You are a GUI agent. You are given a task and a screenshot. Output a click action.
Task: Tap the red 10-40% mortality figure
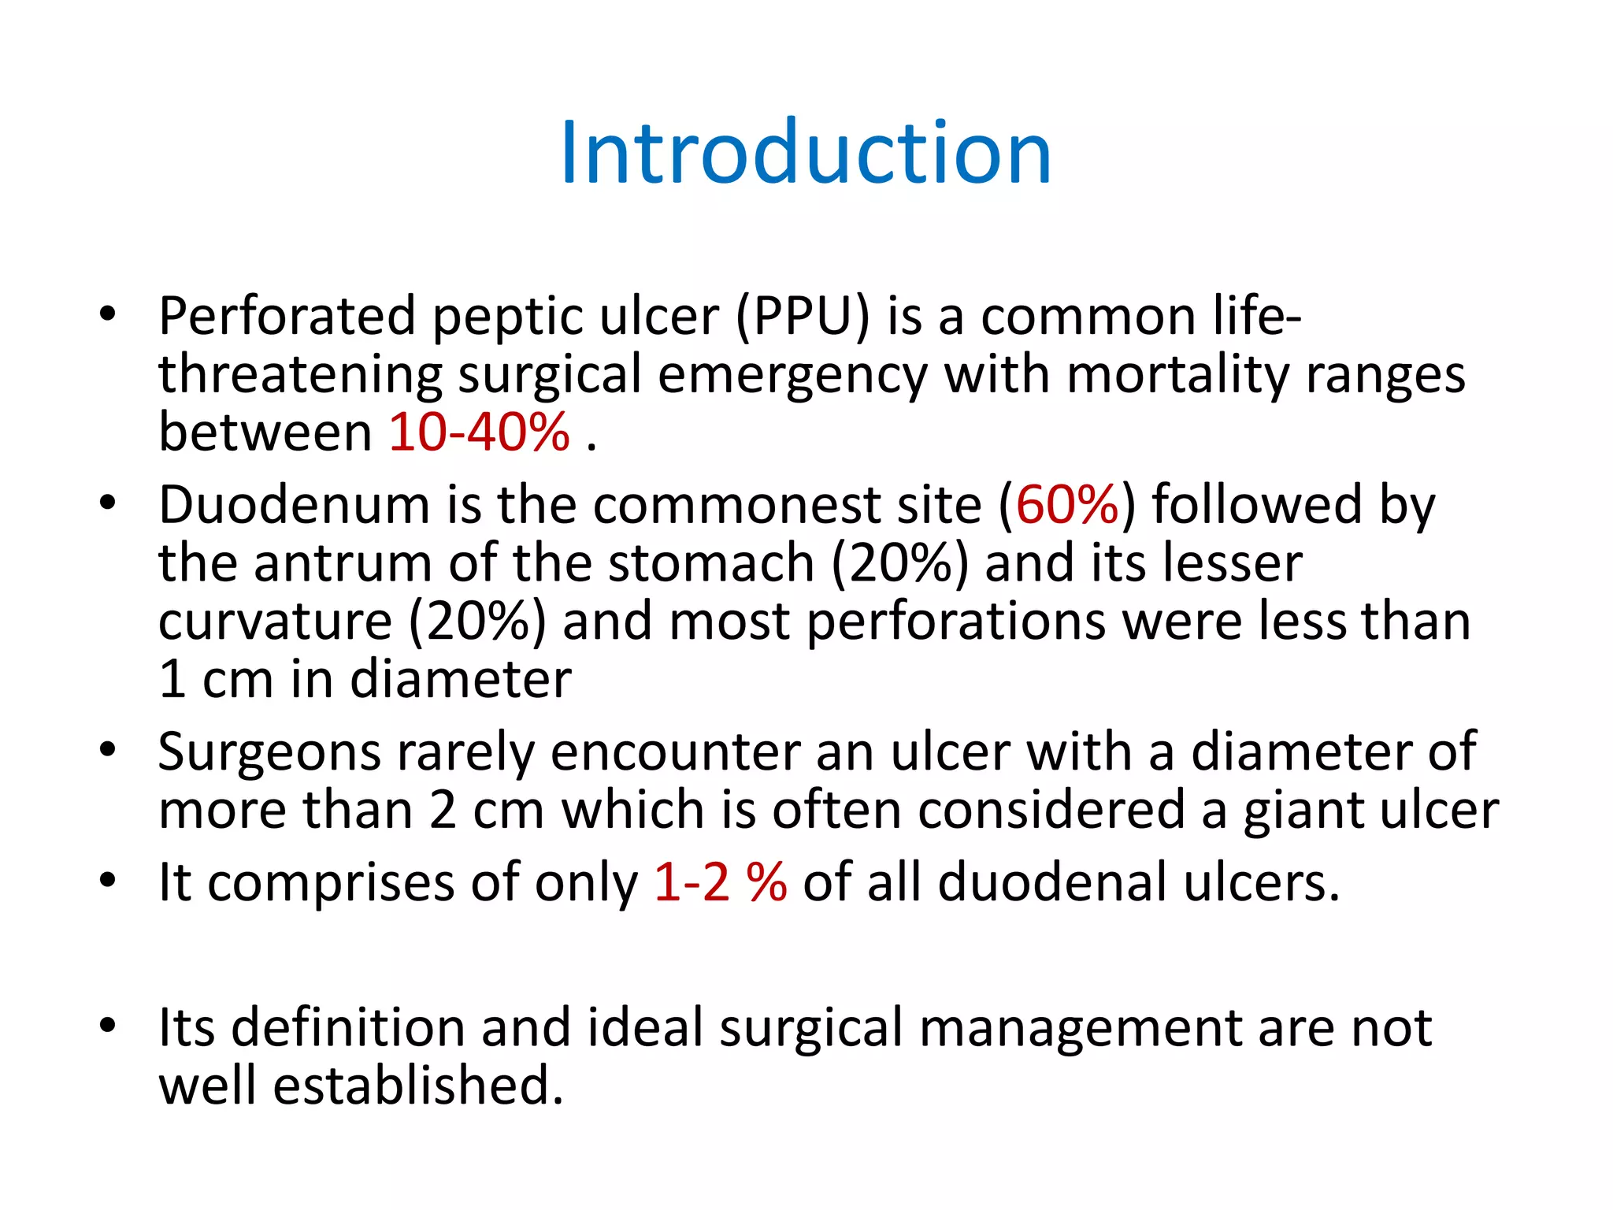coord(479,432)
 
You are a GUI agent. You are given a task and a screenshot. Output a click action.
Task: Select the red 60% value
coord(1067,505)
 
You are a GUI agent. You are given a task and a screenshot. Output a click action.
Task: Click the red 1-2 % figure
coord(720,882)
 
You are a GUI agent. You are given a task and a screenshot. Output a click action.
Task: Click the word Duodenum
coord(294,505)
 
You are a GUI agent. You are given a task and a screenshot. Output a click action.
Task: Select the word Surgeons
coord(269,753)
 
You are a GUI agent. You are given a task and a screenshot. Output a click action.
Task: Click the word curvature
coord(275,622)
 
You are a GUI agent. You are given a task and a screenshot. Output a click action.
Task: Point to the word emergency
coord(792,375)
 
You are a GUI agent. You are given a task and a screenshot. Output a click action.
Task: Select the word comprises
coord(331,882)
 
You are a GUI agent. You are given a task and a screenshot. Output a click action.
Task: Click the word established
coord(417,1086)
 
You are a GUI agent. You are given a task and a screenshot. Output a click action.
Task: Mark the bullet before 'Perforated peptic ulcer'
coord(108,314)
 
